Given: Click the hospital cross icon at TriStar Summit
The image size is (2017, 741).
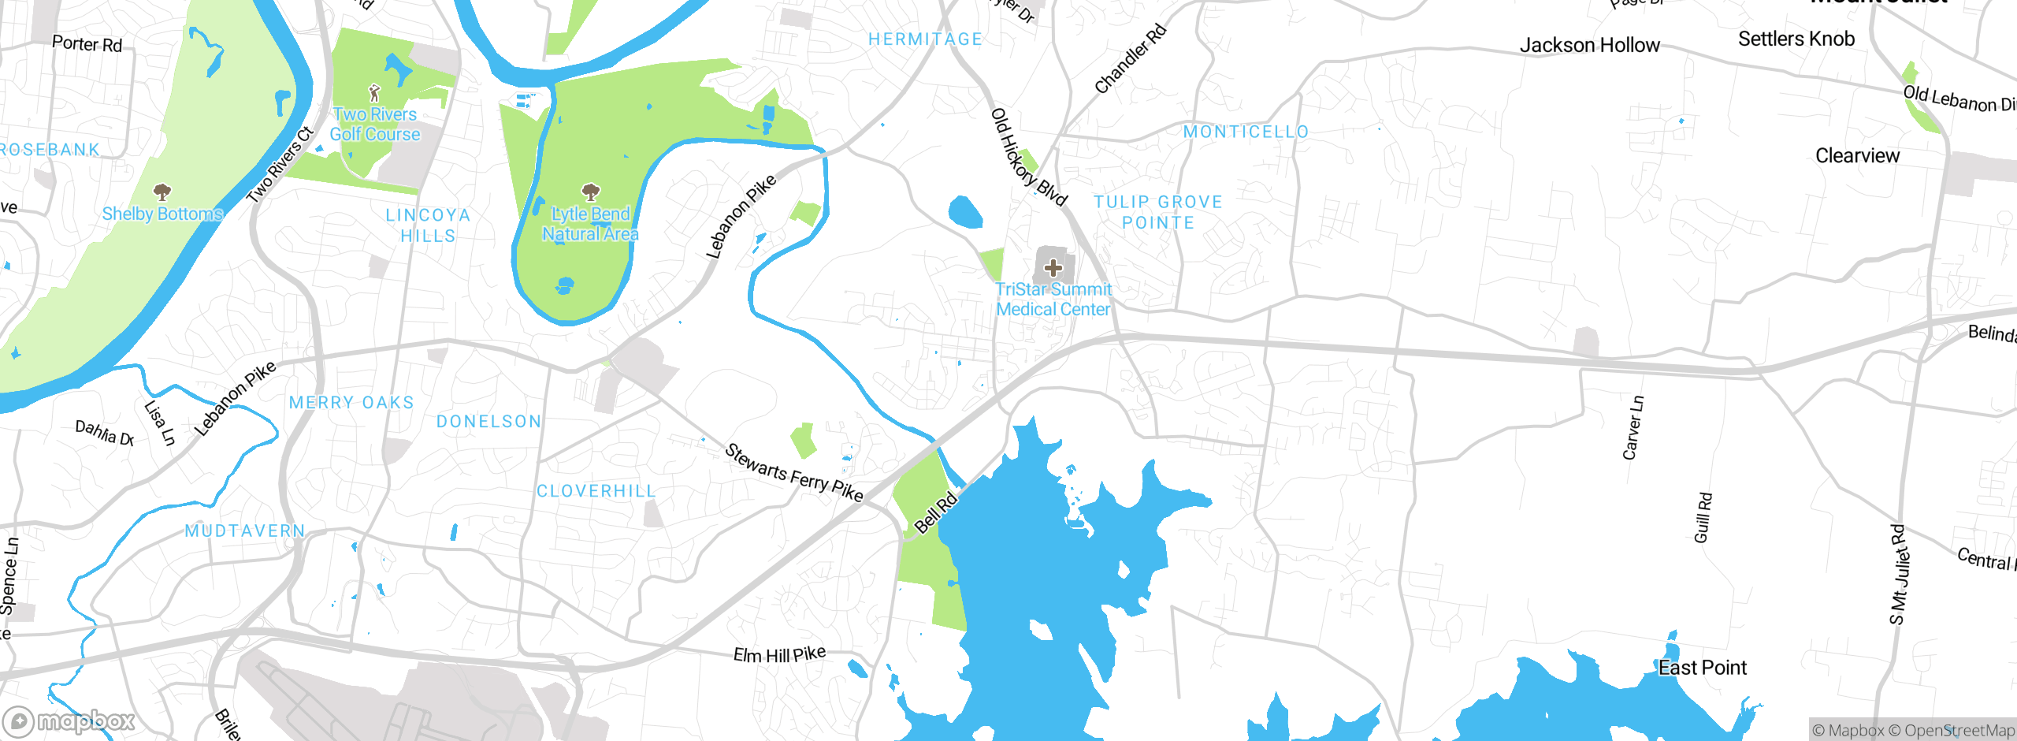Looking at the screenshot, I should pos(1053,268).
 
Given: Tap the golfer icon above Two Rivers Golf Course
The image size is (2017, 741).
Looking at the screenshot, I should pos(374,93).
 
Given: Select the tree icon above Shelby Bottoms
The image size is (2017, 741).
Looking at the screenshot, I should pos(162,192).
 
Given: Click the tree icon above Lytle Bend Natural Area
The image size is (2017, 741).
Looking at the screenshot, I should pos(590,192).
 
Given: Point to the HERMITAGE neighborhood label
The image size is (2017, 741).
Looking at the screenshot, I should pos(925,39).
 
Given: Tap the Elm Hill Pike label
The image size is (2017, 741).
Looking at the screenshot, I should pos(779,654).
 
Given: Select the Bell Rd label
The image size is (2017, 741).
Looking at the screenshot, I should pos(935,512).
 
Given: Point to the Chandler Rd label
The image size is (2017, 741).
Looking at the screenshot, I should pos(1130,59).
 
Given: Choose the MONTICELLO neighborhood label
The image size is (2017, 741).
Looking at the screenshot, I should pos(1246,132).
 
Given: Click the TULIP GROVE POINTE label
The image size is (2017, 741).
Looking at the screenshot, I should pos(1157,212).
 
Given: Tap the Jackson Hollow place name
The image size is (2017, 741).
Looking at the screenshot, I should pos(1589,46).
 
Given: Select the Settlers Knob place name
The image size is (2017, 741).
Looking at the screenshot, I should pos(1796,39).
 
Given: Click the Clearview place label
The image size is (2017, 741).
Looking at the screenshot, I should pos(1857,155).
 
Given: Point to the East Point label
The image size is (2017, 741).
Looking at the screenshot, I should pos(1702,668).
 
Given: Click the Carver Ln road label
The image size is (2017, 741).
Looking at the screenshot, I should pos(1633,428).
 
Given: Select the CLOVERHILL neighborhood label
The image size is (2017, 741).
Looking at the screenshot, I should pos(596,491).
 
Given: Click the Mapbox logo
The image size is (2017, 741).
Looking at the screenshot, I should pos(69,721).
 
